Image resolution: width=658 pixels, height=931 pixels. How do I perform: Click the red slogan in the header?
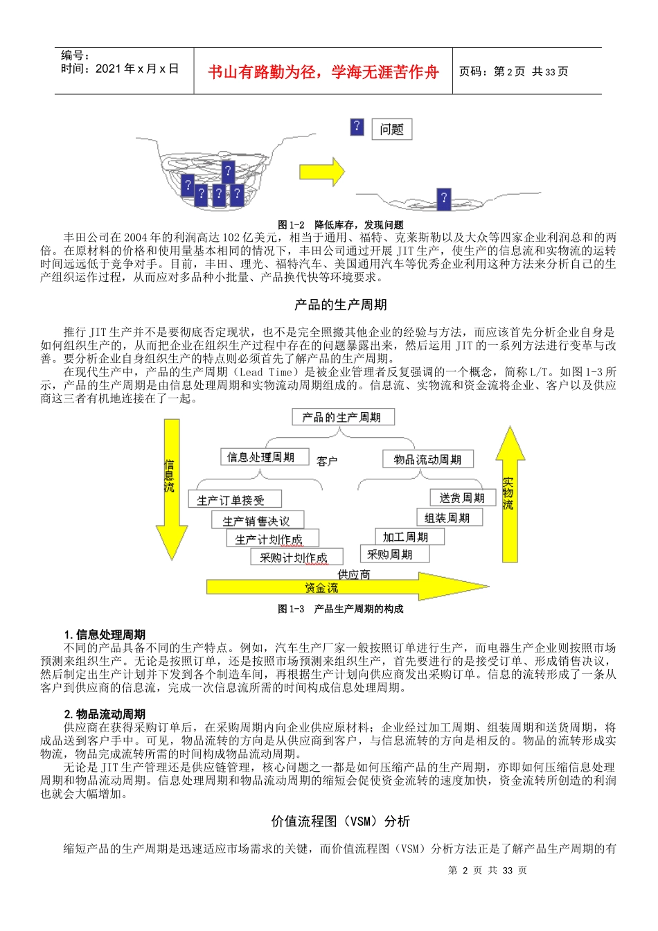[323, 72]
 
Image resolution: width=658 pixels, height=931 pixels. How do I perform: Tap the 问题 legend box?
[391, 130]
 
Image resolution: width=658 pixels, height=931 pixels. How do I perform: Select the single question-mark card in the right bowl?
[444, 199]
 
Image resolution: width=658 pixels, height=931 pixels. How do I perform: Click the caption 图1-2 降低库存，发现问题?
[340, 224]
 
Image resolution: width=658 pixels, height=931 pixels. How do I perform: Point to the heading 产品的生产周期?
[340, 305]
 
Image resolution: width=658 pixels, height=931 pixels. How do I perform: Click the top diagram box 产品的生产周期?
[342, 417]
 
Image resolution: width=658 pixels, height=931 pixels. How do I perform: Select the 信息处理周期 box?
[260, 457]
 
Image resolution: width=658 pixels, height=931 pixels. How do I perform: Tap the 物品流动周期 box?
[427, 459]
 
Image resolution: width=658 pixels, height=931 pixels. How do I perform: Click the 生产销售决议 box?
[257, 520]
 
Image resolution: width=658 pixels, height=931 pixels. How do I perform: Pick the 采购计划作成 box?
[292, 558]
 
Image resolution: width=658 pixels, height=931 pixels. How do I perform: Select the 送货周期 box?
[462, 498]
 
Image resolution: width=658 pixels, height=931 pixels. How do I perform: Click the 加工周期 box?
[405, 537]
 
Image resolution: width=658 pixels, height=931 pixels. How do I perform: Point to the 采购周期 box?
[393, 554]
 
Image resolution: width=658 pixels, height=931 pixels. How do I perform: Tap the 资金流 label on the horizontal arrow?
[321, 587]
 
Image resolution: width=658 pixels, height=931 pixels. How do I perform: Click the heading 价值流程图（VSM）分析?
[340, 822]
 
